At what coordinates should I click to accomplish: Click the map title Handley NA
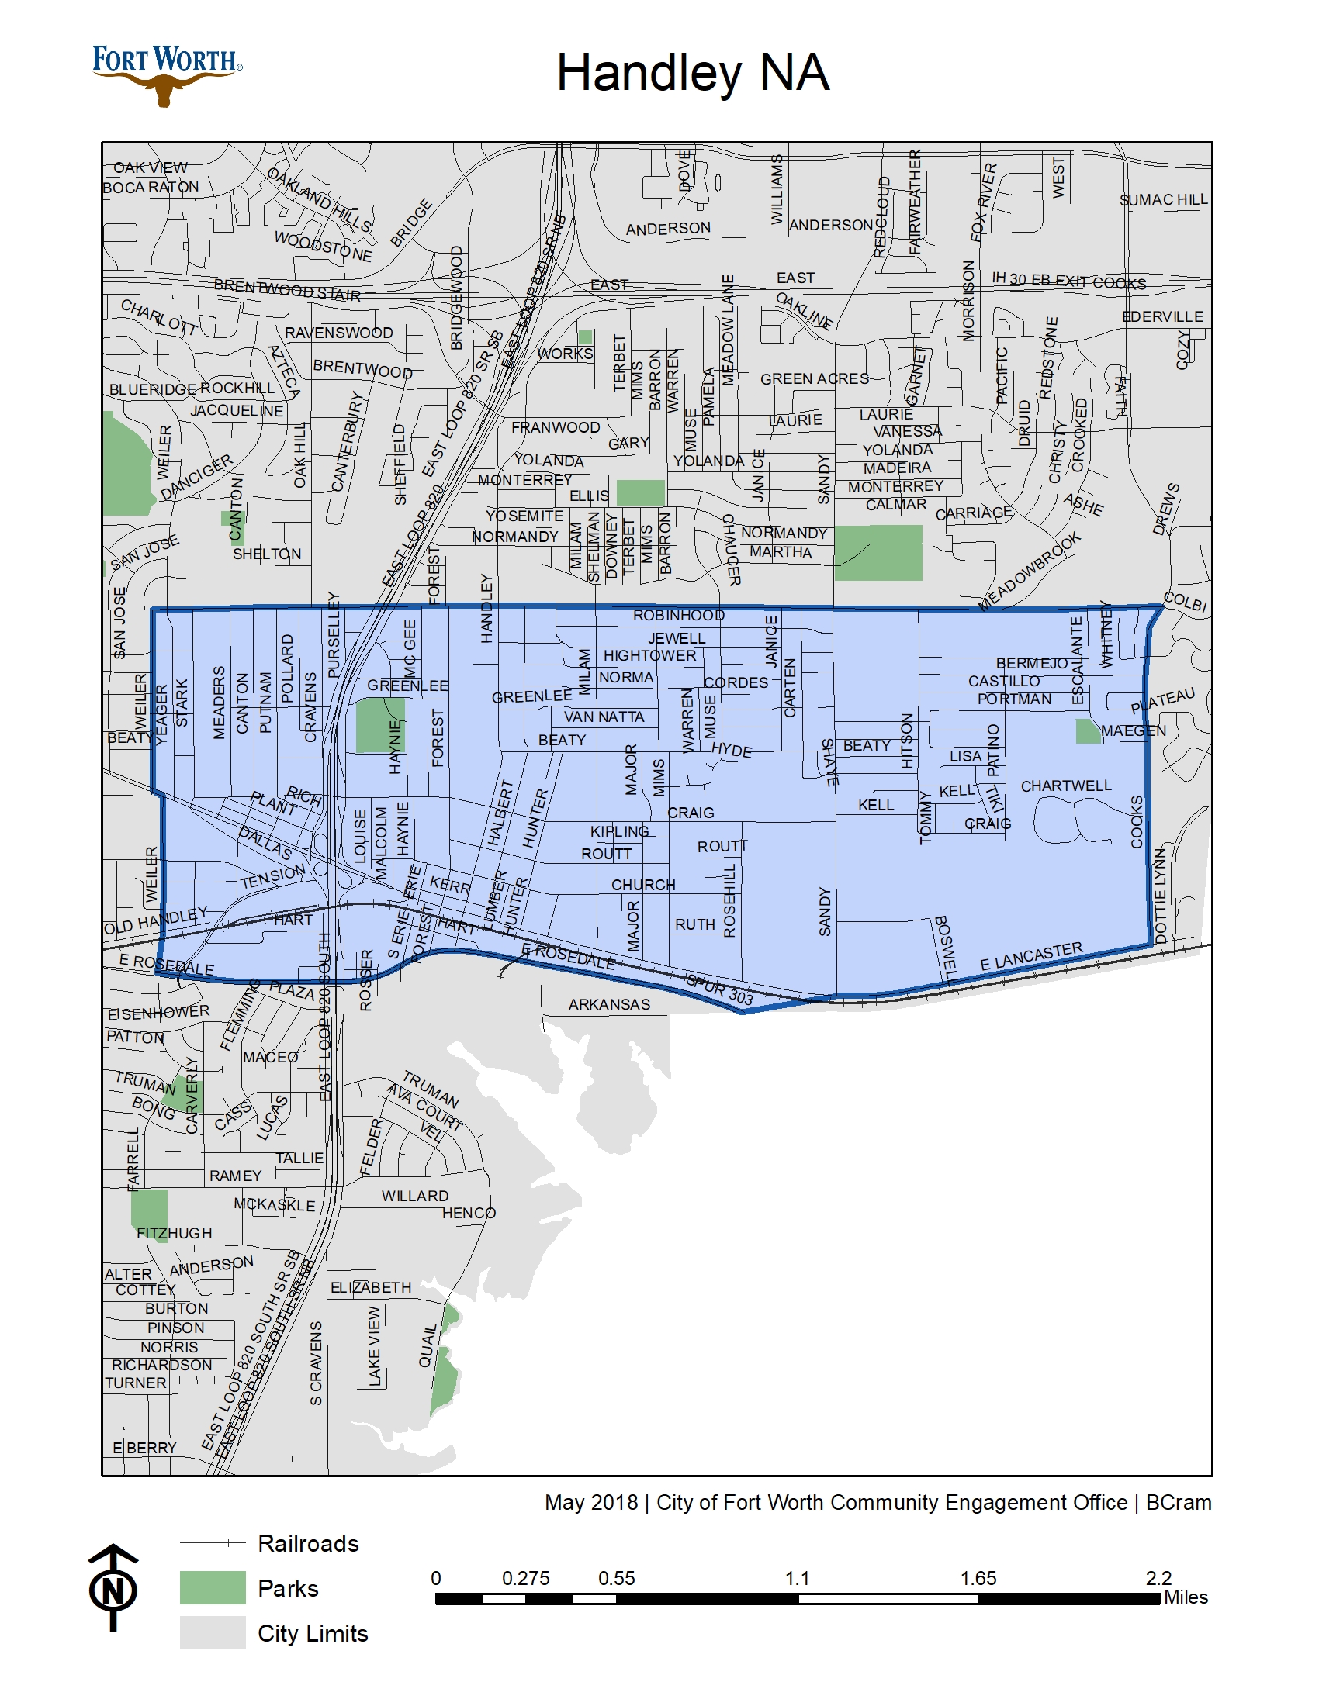692,73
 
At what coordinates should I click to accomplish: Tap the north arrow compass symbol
114,1589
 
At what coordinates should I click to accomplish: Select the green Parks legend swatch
213,1588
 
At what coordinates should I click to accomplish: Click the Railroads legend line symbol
213,1542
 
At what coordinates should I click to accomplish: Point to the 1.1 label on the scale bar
797,1579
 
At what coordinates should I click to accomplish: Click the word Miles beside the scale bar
1186,1597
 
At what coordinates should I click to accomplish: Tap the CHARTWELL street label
1066,786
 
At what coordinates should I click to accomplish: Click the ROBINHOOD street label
678,616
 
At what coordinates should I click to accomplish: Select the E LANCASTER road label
1031,957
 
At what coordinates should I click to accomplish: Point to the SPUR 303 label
719,989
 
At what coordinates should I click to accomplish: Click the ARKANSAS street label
609,1004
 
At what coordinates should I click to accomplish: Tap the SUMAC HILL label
1164,200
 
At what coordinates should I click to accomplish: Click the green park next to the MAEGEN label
1087,731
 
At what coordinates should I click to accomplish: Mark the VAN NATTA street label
604,717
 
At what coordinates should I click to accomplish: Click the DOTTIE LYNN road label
1160,896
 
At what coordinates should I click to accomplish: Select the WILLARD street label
415,1196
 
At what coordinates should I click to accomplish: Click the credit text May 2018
590,1502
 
